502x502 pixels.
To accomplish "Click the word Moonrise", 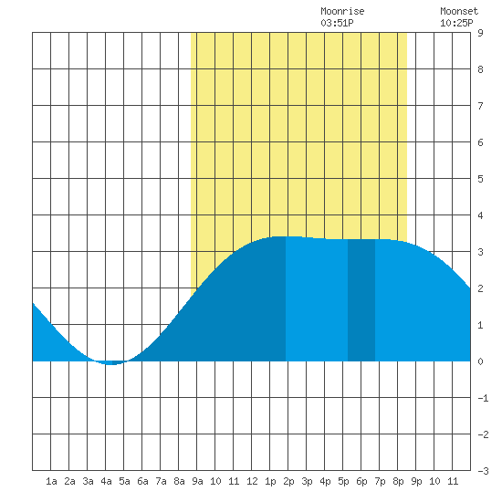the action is pos(342,11).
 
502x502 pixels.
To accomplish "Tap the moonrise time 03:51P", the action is pos(337,23).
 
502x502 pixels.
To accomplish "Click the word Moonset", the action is pos(459,11).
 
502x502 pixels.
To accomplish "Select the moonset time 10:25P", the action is pos(456,23).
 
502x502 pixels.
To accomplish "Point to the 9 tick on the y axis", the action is pos(480,33).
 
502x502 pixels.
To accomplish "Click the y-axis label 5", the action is pos(480,179).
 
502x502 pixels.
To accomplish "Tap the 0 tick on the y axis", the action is pos(480,361).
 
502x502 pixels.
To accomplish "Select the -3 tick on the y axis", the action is pos(483,471).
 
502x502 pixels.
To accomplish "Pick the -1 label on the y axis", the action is pos(483,398).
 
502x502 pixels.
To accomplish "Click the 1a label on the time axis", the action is pos(51,481).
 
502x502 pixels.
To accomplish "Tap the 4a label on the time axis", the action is pos(106,481).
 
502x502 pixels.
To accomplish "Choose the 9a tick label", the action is pos(197,481).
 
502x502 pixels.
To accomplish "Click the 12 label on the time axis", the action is pos(252,481).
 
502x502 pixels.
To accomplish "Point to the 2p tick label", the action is pos(288,481).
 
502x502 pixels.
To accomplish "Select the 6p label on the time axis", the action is pos(361,481).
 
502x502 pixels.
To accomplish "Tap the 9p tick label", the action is pos(416,481).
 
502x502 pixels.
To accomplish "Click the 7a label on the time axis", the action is pos(161,481).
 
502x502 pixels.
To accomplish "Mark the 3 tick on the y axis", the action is pos(480,252).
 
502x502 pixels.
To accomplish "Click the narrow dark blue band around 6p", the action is pos(361,300).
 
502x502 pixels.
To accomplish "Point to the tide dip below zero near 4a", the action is pos(110,362).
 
